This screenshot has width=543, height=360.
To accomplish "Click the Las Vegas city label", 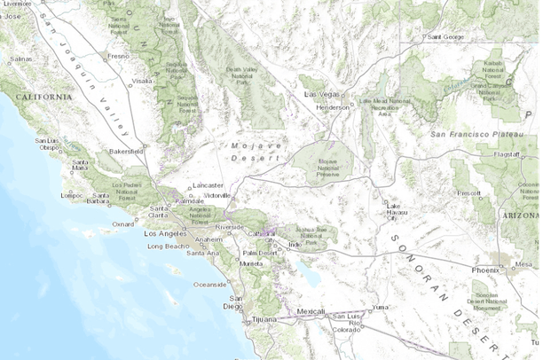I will point(322,93).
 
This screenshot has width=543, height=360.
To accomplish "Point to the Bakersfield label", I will point(125,152).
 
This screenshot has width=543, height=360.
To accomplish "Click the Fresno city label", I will point(119,56).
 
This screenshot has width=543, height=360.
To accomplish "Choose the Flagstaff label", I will point(507,153).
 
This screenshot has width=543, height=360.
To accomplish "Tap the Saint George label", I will point(445,37).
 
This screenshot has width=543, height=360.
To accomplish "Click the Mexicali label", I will point(311,312).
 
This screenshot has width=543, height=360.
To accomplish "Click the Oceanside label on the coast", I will point(211,284).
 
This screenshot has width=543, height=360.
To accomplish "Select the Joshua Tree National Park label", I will point(311,232).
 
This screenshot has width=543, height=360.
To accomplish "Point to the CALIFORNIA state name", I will point(35,96).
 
